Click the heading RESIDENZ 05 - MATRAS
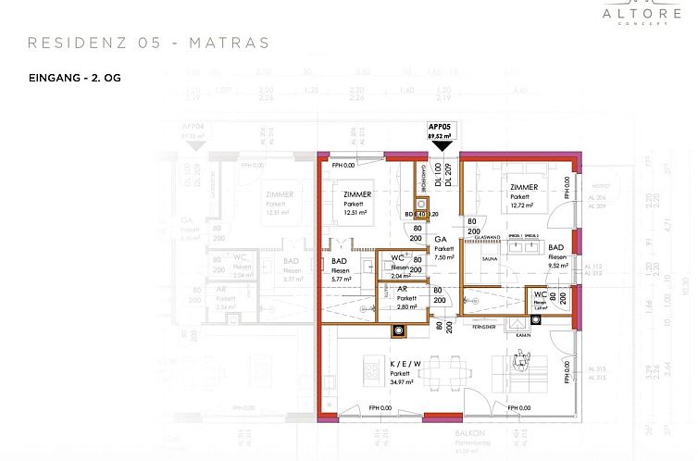[x=149, y=43]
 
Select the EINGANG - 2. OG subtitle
[x=75, y=78]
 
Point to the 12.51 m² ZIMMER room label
[x=356, y=203]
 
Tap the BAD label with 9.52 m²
[x=556, y=255]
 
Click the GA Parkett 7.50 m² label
[x=444, y=247]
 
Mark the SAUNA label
[x=490, y=261]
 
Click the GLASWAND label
[x=488, y=237]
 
